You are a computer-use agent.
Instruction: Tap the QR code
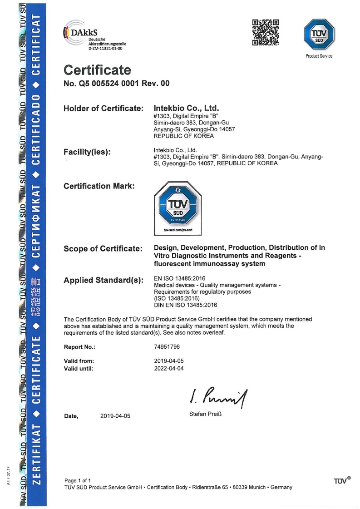click(265, 32)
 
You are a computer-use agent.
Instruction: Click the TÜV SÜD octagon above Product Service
click(319, 35)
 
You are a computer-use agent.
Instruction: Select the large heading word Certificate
click(97, 70)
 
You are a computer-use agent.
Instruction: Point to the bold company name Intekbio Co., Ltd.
click(187, 109)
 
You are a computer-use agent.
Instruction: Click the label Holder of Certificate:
click(104, 109)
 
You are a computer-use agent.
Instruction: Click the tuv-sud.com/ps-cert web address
click(178, 230)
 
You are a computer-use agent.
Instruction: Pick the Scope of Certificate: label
click(103, 248)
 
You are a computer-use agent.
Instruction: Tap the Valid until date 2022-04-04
click(169, 368)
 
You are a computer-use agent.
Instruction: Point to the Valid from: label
click(79, 361)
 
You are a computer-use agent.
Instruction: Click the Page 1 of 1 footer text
click(78, 480)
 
